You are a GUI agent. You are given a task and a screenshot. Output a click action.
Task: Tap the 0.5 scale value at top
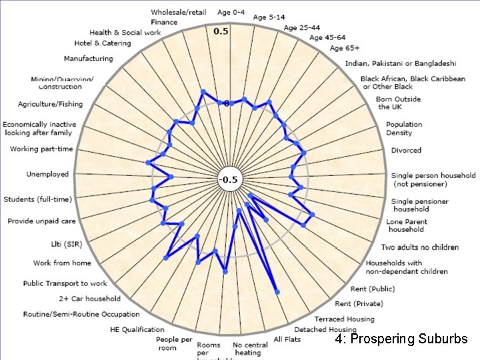coord(221,31)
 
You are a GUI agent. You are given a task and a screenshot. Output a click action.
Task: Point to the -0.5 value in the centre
coord(229,179)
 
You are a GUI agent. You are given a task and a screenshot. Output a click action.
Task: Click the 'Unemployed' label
coord(47,175)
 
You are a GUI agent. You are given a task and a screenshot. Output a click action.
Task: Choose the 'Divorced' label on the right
coord(406,151)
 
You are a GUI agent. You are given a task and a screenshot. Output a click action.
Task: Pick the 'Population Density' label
coord(404,129)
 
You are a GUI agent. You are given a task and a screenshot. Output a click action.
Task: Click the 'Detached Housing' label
coord(326,329)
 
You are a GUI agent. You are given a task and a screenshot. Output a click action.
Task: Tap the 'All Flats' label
coord(287,339)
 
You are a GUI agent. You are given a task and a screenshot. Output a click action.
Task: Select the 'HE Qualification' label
coord(137,329)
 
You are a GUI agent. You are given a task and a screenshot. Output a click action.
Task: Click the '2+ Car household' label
coord(90,299)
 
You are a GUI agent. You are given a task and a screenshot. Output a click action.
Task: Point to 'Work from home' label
coord(63,263)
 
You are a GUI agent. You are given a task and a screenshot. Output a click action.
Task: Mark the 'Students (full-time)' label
coord(39,199)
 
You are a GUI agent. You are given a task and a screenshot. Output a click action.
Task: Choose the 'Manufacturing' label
coord(89,59)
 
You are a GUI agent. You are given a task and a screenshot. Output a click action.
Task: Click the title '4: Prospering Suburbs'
coord(401,339)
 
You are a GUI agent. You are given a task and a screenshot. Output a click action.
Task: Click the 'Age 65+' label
coord(345,48)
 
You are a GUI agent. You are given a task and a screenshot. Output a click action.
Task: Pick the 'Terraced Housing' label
coord(345,319)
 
